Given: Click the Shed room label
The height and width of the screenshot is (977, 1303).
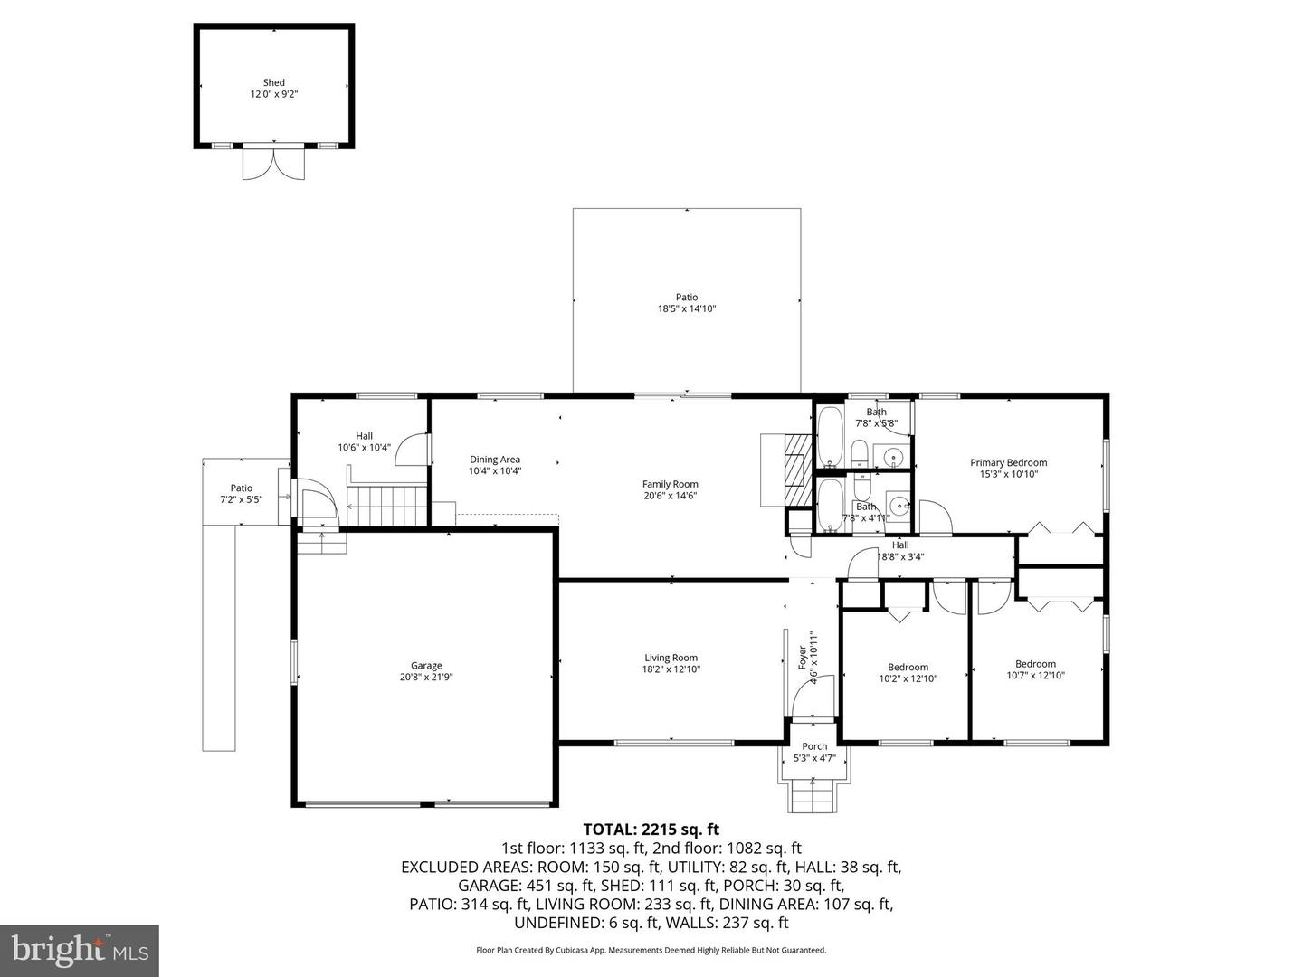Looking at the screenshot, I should pos(273,82).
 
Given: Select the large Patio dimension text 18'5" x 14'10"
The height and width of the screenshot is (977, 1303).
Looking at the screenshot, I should pos(687,308).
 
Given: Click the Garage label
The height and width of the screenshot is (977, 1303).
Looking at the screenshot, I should pos(426,666).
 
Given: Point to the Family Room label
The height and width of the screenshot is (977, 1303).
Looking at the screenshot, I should pos(671,484).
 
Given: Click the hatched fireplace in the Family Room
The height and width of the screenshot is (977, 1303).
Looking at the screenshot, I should pos(796,470).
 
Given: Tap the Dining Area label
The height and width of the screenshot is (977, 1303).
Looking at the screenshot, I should pos(494,460).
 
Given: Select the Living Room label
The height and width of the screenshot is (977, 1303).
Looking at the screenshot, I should pos(671,658).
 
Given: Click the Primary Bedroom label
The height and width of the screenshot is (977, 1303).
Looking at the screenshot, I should pos(1009,462).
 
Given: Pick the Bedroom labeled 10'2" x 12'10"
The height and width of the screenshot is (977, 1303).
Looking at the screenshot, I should pos(908,672).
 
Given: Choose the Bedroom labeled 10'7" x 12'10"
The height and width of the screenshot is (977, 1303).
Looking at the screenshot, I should pos(1035,669).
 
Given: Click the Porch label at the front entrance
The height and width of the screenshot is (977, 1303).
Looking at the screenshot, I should pos(814,746).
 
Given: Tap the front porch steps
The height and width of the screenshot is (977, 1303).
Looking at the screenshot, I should pos(813,796).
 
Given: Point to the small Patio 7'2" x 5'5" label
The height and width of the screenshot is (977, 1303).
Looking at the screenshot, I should pos(241,493).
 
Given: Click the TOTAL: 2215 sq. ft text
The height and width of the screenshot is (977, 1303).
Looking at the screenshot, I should pos(651,829).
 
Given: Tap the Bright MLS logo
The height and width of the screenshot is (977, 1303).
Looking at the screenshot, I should pos(80,950).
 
